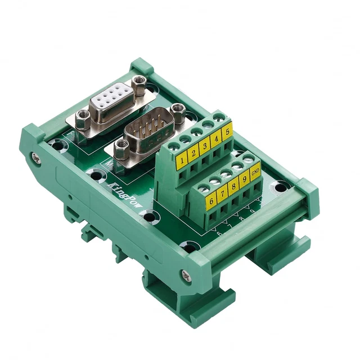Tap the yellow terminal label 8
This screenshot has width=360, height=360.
235,187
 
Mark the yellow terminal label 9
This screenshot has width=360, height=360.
245,181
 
